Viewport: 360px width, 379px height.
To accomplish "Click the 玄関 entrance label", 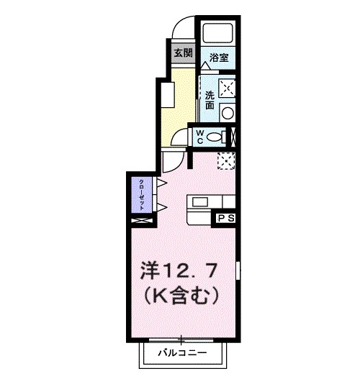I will point(182,52).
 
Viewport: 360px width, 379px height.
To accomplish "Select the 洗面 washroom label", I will point(210,100).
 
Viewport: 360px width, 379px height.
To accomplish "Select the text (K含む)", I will point(181,294).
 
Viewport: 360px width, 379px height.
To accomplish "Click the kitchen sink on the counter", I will point(199,202).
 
